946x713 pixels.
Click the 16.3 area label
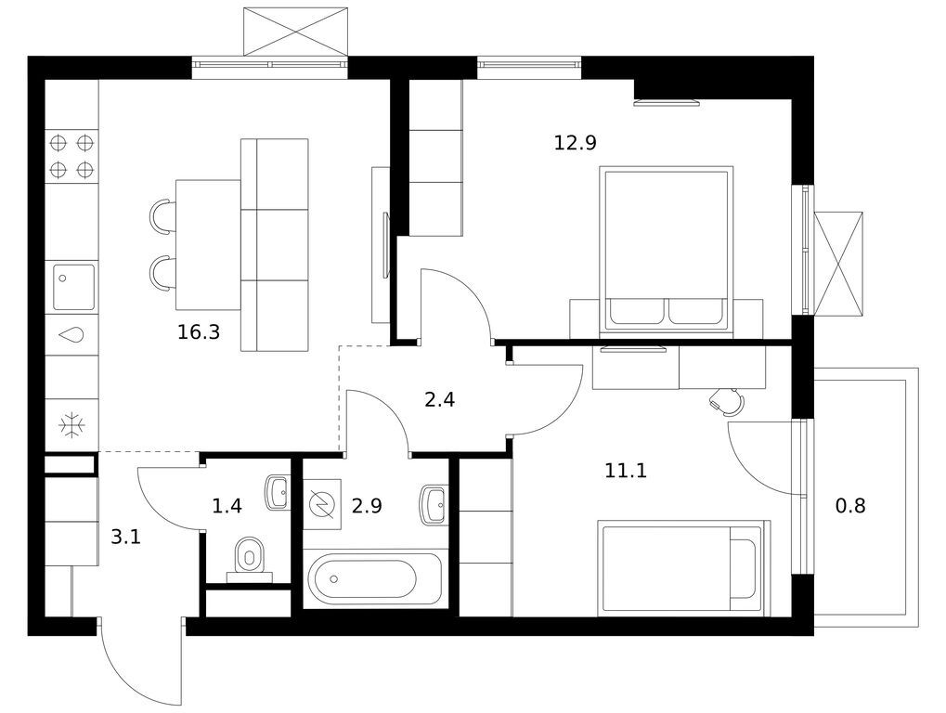click(199, 331)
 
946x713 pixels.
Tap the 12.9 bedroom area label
click(575, 143)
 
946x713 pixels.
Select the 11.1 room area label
click(626, 470)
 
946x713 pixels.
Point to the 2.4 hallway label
click(440, 399)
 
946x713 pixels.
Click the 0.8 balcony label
click(850, 505)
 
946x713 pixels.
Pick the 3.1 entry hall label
click(125, 537)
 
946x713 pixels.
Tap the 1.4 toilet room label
click(227, 505)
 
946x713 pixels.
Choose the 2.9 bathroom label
click(367, 505)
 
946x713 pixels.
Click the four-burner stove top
click(71, 156)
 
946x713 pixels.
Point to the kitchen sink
click(73, 287)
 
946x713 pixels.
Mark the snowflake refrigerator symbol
click(71, 425)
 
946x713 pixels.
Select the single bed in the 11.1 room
click(684, 568)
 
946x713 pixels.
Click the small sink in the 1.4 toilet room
click(277, 493)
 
